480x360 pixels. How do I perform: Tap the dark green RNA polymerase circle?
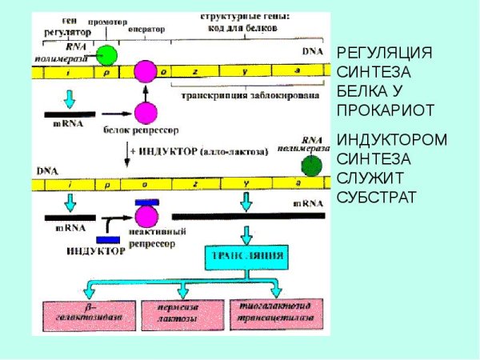coord(312,166)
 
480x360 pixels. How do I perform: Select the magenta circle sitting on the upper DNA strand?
coord(145,72)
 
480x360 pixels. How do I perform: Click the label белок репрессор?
coord(141,129)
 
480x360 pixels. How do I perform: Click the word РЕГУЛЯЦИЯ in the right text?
coord(384,54)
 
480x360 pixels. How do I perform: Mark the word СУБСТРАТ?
coord(376,196)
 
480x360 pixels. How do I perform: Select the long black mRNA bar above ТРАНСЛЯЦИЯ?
coord(247,215)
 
